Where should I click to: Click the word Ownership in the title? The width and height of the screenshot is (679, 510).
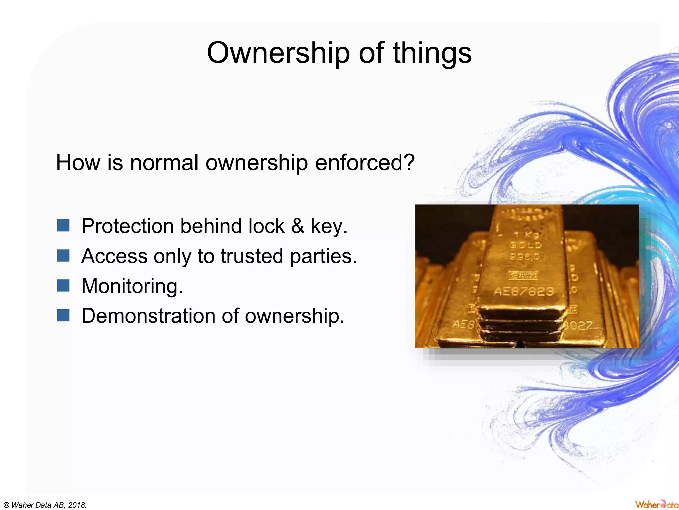[278, 53]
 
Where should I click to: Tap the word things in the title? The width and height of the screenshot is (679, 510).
[432, 53]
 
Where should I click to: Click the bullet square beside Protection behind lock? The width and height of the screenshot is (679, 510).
[63, 225]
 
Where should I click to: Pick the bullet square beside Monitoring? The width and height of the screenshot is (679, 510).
[63, 285]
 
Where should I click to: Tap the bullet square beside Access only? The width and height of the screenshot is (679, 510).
[63, 255]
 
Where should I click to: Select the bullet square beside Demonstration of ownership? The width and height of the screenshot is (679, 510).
[63, 315]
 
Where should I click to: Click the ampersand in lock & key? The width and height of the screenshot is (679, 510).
[297, 226]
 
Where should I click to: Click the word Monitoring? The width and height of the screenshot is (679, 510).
[132, 286]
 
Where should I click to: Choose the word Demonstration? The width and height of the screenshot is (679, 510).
[148, 316]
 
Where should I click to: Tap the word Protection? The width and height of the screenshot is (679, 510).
[127, 226]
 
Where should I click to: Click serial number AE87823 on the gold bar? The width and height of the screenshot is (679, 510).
[524, 291]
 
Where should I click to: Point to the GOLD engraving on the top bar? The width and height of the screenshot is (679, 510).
[525, 245]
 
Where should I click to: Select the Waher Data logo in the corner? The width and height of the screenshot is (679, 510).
[656, 504]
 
